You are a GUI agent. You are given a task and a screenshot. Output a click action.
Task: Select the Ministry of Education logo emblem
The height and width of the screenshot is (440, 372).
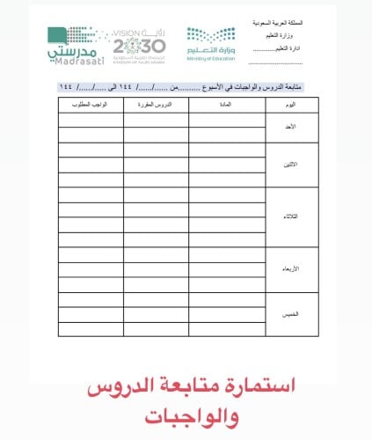(211, 37)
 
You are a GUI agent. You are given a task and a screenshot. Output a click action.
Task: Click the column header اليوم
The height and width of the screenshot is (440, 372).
(291, 104)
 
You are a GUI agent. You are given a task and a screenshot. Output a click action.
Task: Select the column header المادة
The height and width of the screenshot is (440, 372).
(226, 104)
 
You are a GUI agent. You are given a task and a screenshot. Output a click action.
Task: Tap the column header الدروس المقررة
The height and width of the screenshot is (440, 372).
(156, 104)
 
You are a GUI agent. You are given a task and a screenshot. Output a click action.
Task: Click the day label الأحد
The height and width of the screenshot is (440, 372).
(291, 127)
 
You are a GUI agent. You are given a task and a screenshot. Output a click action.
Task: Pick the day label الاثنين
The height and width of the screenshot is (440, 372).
(291, 165)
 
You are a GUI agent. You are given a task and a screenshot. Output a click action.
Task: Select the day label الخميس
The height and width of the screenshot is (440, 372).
(291, 313)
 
